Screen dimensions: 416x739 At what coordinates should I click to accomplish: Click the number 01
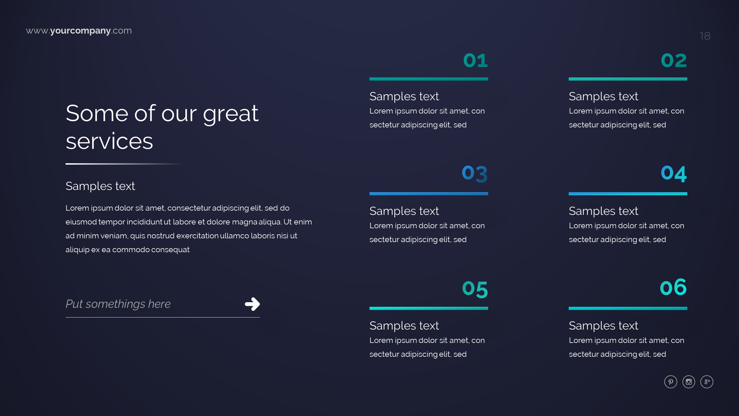pyautogui.click(x=475, y=61)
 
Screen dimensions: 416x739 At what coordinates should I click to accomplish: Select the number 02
pyautogui.click(x=674, y=61)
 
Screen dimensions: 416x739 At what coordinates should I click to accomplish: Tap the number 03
pyautogui.click(x=475, y=174)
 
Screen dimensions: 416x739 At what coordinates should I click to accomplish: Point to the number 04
pyautogui.click(x=674, y=174)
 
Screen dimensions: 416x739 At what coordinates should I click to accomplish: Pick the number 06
pyautogui.click(x=673, y=287)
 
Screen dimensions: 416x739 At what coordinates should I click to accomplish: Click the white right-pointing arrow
pyautogui.click(x=252, y=304)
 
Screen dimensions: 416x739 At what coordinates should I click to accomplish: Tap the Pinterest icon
pyautogui.click(x=671, y=382)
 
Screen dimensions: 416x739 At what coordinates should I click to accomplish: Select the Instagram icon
pyautogui.click(x=689, y=382)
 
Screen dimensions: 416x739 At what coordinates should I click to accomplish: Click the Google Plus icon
pyautogui.click(x=707, y=382)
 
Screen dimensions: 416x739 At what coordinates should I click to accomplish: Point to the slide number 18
pyautogui.click(x=705, y=36)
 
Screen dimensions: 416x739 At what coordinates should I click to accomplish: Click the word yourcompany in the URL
pyautogui.click(x=80, y=31)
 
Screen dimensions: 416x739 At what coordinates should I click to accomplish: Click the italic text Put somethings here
pyautogui.click(x=118, y=304)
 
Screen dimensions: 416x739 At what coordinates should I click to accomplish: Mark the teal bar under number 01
pyautogui.click(x=429, y=79)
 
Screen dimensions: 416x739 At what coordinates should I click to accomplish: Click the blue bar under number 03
pyautogui.click(x=429, y=194)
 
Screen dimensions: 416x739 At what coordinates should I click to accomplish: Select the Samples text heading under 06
pyautogui.click(x=603, y=326)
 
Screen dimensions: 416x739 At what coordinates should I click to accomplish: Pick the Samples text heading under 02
pyautogui.click(x=603, y=96)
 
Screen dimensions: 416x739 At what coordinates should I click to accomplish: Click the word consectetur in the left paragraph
pyautogui.click(x=189, y=208)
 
